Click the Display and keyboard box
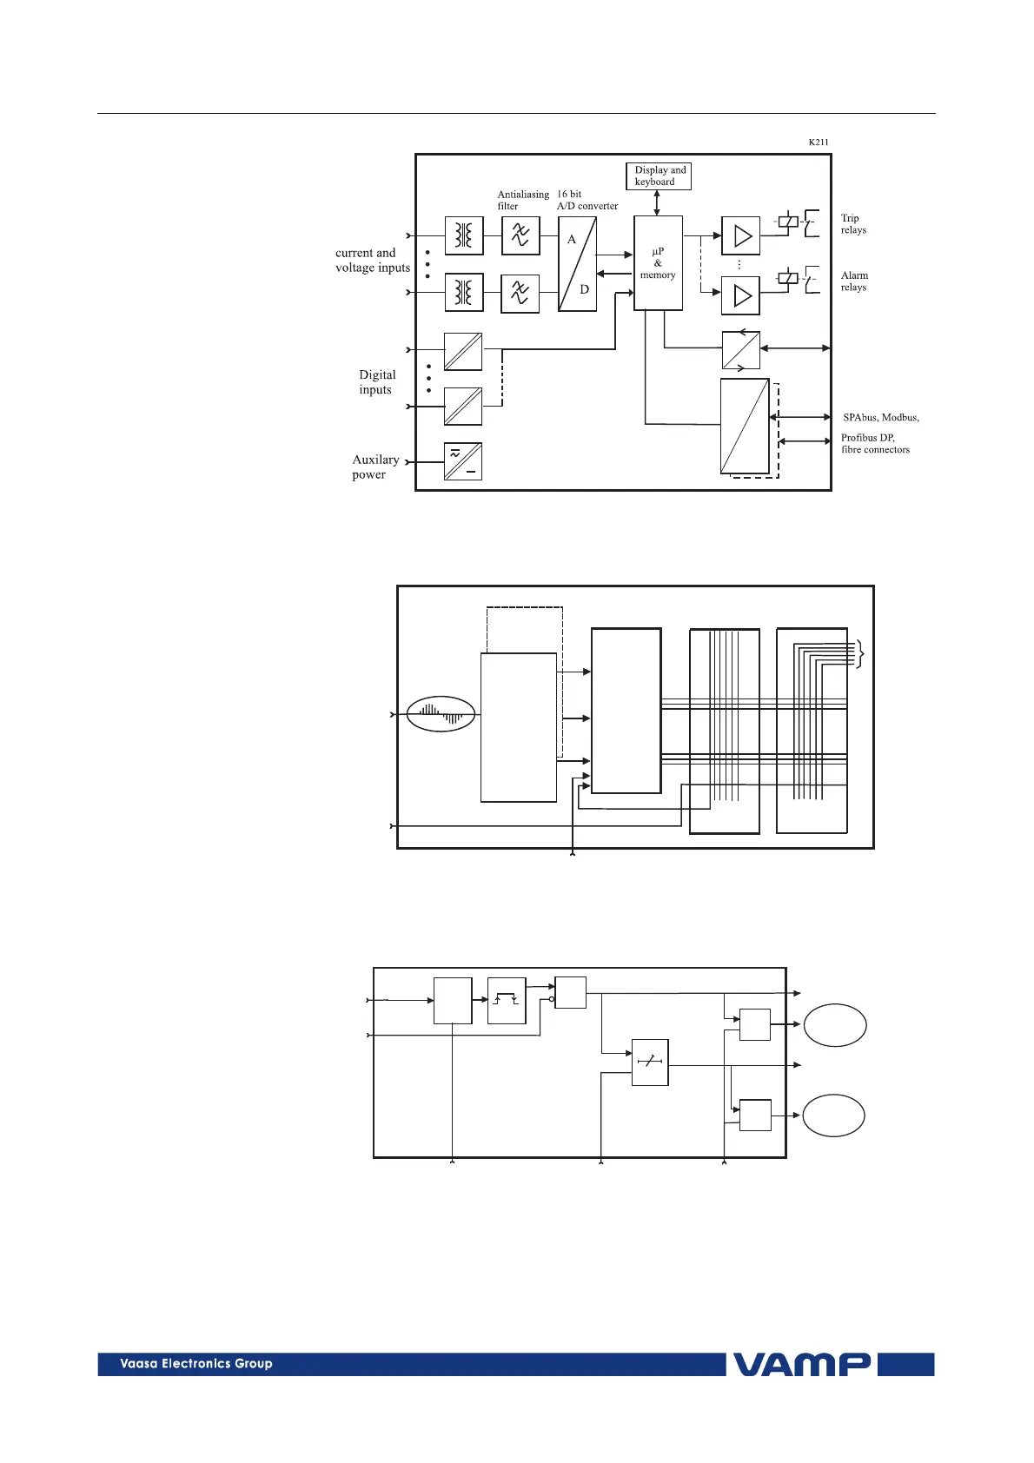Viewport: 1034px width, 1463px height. point(658,175)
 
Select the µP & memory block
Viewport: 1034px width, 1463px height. point(658,262)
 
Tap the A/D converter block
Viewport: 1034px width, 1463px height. point(577,264)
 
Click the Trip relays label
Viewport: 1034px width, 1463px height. point(853,223)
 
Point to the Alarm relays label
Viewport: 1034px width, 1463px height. point(854,281)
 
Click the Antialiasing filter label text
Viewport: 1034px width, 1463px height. point(522,200)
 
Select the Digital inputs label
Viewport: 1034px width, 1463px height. point(377,382)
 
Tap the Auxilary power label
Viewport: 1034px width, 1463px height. point(374,467)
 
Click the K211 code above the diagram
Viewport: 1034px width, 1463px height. point(819,142)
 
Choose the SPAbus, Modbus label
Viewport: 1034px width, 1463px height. point(880,417)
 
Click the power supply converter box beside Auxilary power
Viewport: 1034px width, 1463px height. point(463,461)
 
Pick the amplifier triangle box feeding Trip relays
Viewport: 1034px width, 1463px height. point(740,235)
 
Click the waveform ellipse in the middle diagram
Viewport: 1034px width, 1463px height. point(441,714)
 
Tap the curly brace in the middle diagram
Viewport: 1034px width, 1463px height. point(860,654)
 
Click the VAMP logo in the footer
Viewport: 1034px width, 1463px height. point(801,1364)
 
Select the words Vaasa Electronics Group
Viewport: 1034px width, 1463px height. point(196,1364)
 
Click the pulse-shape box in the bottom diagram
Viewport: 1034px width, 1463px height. point(507,1001)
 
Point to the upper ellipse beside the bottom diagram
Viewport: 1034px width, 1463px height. point(835,1025)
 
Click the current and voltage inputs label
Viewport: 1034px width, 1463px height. point(372,260)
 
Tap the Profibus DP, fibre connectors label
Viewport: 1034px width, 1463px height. point(875,443)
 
